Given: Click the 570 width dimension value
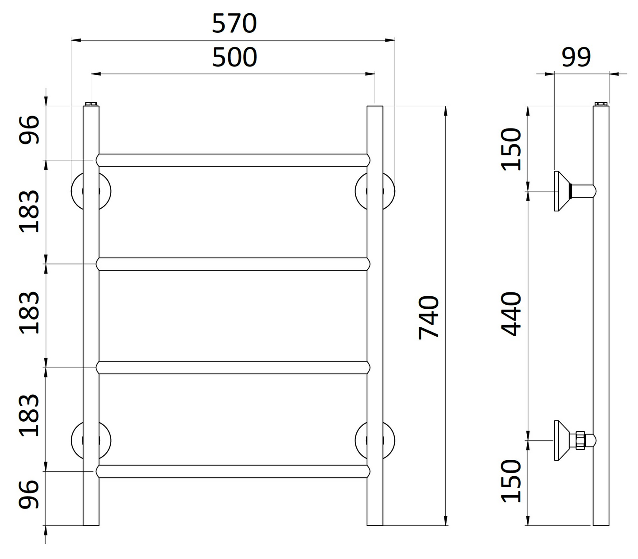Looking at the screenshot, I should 234,23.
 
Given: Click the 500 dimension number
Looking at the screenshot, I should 234,58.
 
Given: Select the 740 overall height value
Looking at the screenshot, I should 428,317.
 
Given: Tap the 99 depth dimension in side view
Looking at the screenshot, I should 576,58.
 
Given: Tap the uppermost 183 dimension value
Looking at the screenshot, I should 30,211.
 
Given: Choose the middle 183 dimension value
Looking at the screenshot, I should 30,312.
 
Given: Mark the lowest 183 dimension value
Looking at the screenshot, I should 30,415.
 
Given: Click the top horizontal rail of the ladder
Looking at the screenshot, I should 233,160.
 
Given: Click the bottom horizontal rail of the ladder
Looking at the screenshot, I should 233,471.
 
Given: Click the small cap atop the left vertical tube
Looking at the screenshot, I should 91,104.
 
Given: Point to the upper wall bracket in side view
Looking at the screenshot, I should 563,191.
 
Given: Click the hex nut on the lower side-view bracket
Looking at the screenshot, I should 580,440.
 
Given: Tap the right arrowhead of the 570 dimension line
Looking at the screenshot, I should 390,40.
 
